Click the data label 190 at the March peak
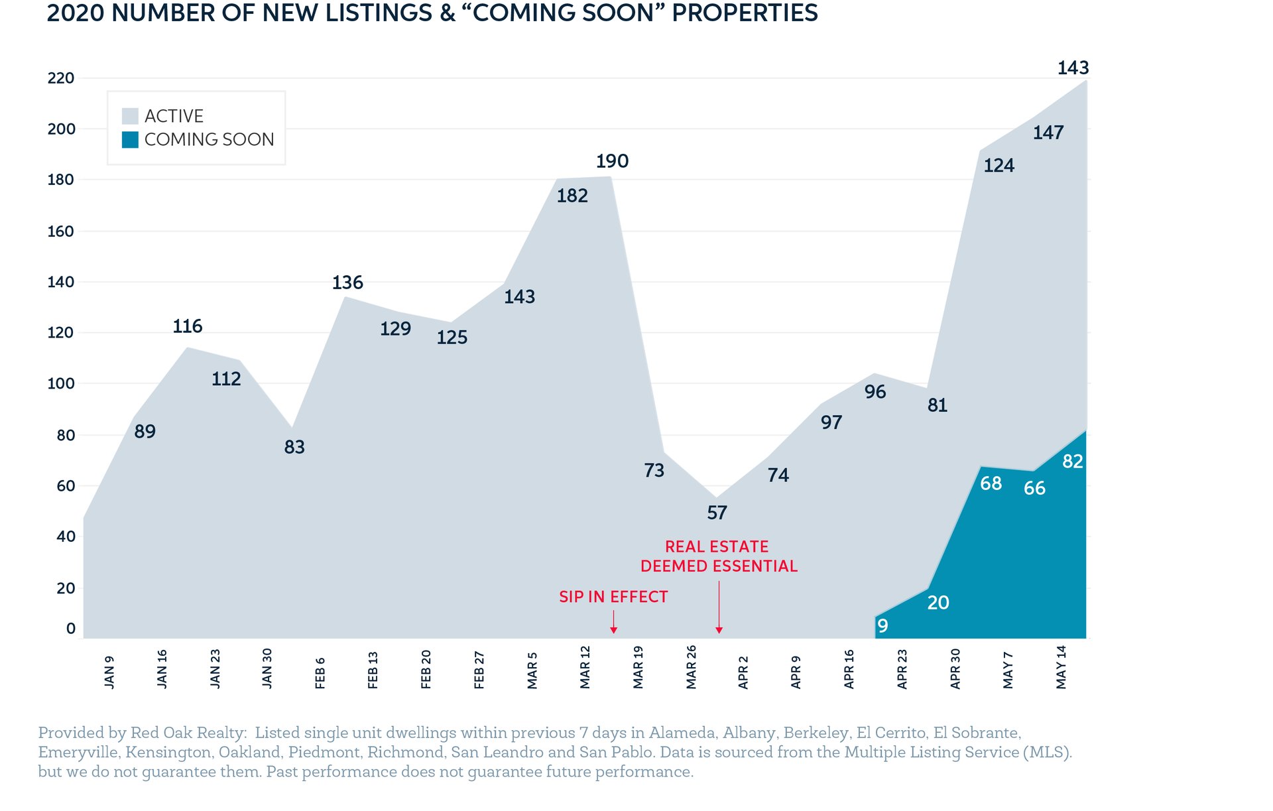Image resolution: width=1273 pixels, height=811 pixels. point(612,161)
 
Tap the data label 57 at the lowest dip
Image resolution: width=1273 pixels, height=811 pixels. point(717,513)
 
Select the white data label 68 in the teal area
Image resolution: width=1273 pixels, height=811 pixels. point(991,483)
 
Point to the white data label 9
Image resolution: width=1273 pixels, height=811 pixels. point(882,625)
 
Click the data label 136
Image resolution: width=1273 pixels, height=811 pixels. point(347,282)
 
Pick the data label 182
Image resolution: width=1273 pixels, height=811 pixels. point(572,196)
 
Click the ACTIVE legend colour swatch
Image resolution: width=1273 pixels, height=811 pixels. point(130,116)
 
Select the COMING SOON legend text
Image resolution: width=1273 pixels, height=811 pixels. point(209,139)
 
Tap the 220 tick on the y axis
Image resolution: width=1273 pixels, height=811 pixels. point(61,78)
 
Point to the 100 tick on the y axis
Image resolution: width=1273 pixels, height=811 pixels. point(61,383)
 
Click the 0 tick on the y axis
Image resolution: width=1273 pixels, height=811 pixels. point(71,628)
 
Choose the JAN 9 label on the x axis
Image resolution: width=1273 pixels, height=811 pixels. point(109,672)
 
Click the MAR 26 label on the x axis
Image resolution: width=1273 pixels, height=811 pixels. point(692,667)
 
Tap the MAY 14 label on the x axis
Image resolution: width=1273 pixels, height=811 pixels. point(1061,667)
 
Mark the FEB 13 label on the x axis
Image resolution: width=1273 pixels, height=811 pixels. point(373,670)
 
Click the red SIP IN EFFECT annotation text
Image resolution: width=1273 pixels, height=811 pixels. point(613,597)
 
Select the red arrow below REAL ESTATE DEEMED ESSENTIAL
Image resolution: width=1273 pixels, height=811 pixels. point(719,607)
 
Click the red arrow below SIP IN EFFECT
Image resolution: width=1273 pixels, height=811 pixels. point(614,621)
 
